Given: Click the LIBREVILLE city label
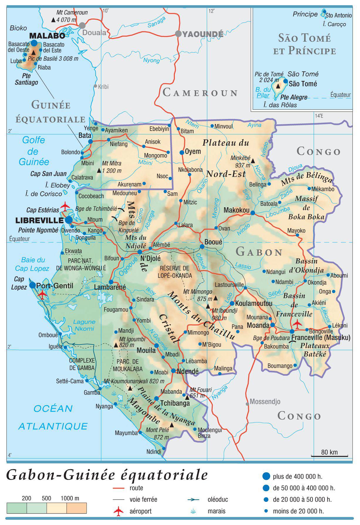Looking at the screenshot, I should click(x=39, y=220).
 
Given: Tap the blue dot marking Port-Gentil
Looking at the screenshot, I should click(x=33, y=285).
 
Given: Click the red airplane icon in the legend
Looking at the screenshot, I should click(x=119, y=511).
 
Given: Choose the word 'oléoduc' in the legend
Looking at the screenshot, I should click(x=217, y=499).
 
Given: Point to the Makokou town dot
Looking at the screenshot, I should click(x=253, y=213).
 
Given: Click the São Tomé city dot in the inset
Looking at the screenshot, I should click(x=285, y=81).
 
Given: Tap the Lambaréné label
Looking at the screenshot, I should click(x=110, y=288).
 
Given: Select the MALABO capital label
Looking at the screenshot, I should click(x=47, y=36).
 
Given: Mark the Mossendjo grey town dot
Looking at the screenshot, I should click(x=247, y=404).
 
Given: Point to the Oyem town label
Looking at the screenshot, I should click(x=193, y=152).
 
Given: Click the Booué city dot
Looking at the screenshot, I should click(x=202, y=247).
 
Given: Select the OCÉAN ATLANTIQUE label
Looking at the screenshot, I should click(x=53, y=417).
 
